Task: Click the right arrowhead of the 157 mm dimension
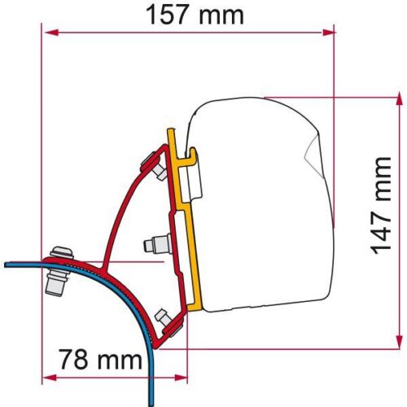pyautogui.click(x=330, y=33)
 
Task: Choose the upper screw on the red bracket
pyautogui.click(x=153, y=161)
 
